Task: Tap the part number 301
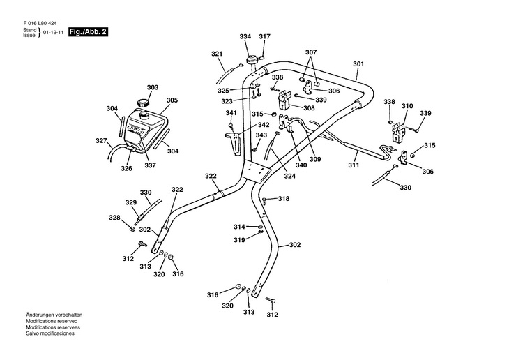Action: [x=358, y=64]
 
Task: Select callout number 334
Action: [x=245, y=36]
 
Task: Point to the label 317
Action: [x=265, y=36]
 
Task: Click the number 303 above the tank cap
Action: [x=152, y=88]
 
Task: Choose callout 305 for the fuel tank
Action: [x=172, y=100]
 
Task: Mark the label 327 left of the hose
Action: [x=102, y=140]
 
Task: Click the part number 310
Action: [x=407, y=107]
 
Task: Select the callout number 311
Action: [x=354, y=166]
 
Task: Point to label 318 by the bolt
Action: [x=284, y=199]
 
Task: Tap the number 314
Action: [x=239, y=227]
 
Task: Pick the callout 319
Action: [x=239, y=240]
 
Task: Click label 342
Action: [x=244, y=125]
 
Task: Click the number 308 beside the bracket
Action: [x=309, y=107]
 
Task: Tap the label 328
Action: [x=114, y=218]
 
